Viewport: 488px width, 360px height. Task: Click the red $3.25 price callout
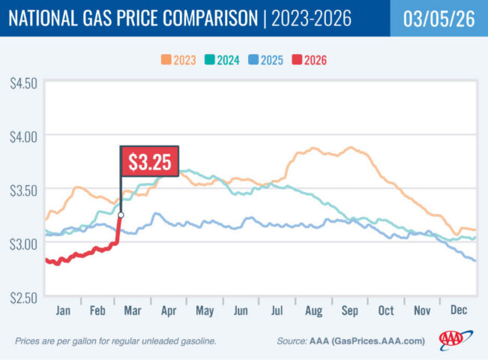pos(150,160)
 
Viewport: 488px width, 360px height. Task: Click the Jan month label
pos(63,308)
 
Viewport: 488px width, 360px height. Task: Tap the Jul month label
pos(277,308)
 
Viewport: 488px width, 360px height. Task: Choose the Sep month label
pos(349,308)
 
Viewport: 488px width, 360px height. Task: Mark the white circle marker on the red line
pos(121,215)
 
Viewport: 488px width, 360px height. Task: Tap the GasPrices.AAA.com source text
pos(379,341)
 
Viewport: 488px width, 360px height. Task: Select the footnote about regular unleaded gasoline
pos(115,341)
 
